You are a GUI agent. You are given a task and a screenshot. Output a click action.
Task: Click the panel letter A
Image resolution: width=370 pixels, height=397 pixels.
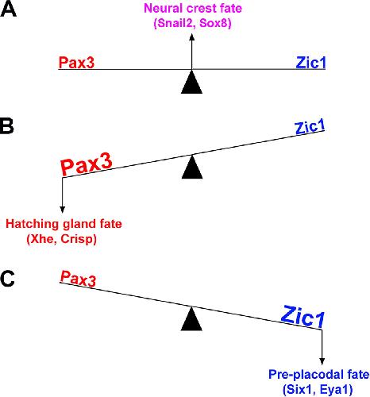[x=9, y=10]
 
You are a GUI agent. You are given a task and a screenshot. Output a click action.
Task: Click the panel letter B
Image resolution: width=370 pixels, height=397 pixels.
[x=7, y=126]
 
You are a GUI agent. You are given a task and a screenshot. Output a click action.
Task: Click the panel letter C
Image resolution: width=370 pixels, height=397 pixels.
[x=7, y=279]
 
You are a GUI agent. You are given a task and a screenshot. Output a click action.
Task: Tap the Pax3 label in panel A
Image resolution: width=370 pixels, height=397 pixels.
[x=76, y=63]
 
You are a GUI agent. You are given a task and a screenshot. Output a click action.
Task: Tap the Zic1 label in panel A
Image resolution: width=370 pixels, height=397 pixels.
[x=310, y=63]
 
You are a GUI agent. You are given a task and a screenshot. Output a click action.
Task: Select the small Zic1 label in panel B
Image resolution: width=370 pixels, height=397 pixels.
[x=310, y=127]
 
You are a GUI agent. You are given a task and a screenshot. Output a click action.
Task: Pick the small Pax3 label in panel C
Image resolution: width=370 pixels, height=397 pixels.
[x=78, y=279]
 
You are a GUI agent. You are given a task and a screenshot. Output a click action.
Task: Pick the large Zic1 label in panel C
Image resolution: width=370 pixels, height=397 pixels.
[x=303, y=317]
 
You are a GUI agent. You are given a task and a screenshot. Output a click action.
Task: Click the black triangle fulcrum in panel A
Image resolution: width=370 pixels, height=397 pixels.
[x=191, y=83]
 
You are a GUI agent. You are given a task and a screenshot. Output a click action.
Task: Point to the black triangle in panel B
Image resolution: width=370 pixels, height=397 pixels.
[x=192, y=168]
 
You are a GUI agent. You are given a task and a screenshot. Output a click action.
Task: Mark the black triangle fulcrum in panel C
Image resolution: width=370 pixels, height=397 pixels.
[x=191, y=319]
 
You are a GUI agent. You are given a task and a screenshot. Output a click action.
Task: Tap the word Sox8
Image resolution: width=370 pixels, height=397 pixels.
[x=214, y=23]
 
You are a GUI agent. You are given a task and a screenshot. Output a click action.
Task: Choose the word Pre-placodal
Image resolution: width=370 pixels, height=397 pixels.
[x=300, y=375]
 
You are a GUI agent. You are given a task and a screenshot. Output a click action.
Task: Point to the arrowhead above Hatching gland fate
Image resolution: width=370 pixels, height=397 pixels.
[x=63, y=210]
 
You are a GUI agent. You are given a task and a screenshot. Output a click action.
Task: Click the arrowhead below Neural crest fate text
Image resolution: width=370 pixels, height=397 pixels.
[x=192, y=37]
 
